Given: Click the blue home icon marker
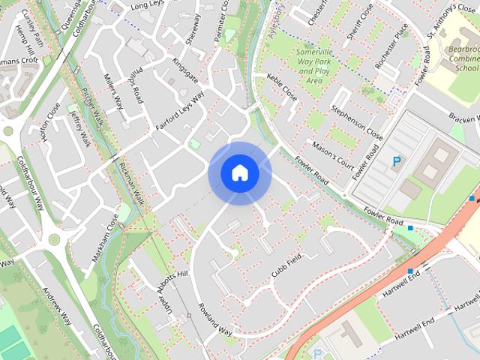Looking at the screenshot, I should [x=239, y=173].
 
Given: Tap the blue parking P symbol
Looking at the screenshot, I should [x=396, y=160].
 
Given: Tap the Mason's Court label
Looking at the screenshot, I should [x=332, y=153].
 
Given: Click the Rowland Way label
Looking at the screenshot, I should [x=215, y=319].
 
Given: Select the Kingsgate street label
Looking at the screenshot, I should [x=184, y=71].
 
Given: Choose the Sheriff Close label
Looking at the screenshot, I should [x=357, y=22].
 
